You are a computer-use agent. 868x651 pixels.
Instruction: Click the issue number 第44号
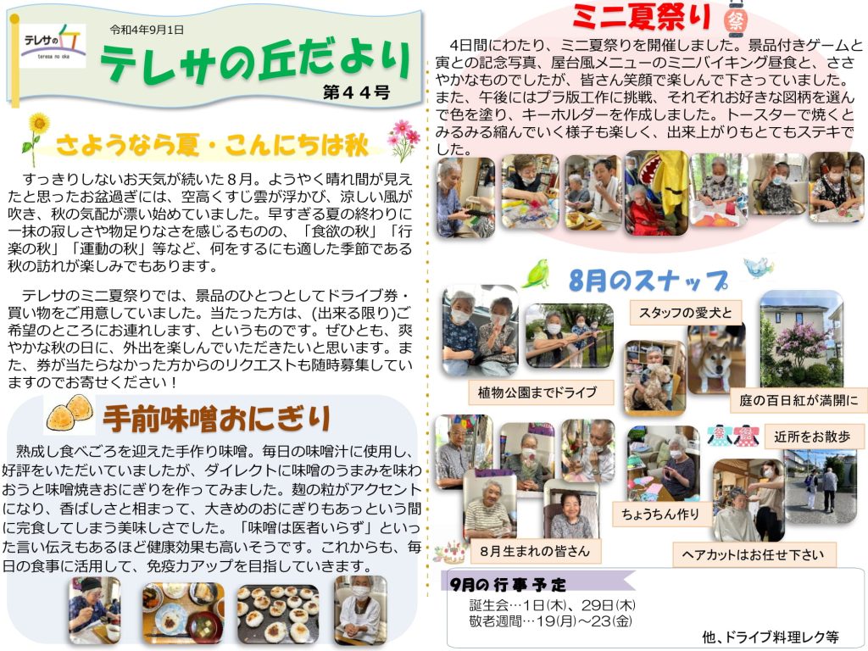[x=357, y=92]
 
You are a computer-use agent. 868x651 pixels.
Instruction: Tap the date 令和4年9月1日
[x=147, y=30]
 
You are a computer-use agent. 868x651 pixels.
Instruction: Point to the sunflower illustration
[x=35, y=138]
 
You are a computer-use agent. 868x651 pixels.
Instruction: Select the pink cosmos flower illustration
[x=403, y=140]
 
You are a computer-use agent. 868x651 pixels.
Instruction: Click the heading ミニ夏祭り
[x=642, y=17]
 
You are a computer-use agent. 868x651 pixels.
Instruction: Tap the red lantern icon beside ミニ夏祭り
[x=736, y=19]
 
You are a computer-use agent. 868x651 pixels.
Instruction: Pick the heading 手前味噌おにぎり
[x=217, y=419]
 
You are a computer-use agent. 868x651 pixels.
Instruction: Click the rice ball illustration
[x=70, y=413]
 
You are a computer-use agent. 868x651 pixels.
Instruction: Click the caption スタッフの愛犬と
[x=685, y=313]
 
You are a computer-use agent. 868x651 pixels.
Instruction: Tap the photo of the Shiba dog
[x=715, y=359]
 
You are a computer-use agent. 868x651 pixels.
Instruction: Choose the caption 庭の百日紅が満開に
[x=798, y=400]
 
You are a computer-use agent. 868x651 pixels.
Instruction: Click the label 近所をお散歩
[x=812, y=437]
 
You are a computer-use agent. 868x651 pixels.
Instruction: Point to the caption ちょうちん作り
[x=660, y=515]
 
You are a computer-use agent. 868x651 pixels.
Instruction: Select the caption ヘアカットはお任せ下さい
[x=754, y=554]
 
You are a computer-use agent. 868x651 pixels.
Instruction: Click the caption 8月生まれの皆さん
[x=535, y=551]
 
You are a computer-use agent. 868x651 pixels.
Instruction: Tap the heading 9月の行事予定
[x=508, y=584]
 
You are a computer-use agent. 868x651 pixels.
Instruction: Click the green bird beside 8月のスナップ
[x=536, y=274]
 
